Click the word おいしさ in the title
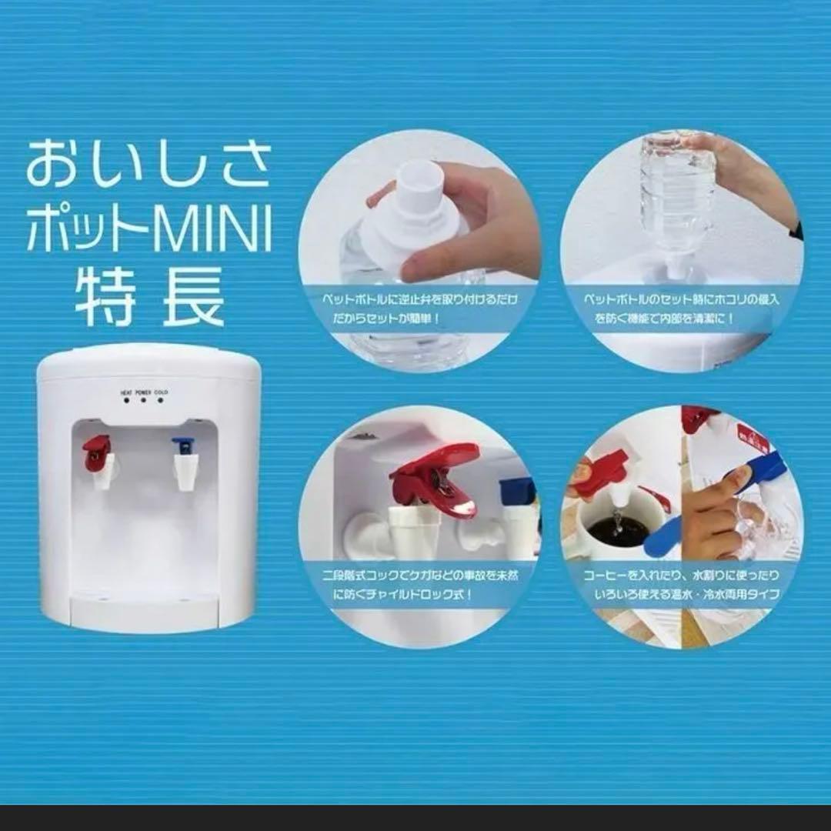pyautogui.click(x=149, y=164)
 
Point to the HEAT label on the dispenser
pyautogui.click(x=126, y=393)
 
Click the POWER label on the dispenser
pyautogui.click(x=143, y=393)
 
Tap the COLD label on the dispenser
pyautogui.click(x=161, y=393)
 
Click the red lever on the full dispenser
pyautogui.click(x=97, y=450)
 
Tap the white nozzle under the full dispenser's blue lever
pyautogui.click(x=185, y=472)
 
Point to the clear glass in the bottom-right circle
pyautogui.click(x=758, y=531)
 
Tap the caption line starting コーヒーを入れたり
pyautogui.click(x=681, y=576)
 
